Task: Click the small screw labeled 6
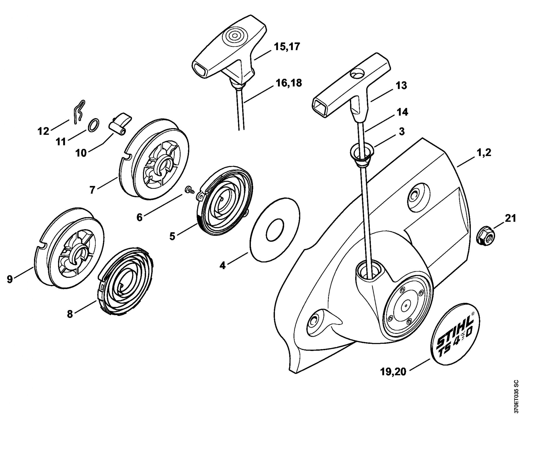tap(189, 190)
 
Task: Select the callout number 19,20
tap(393, 372)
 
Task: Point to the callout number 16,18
tap(288, 83)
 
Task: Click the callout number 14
tap(402, 112)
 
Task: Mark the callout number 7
tap(92, 190)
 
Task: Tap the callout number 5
tap(172, 236)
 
